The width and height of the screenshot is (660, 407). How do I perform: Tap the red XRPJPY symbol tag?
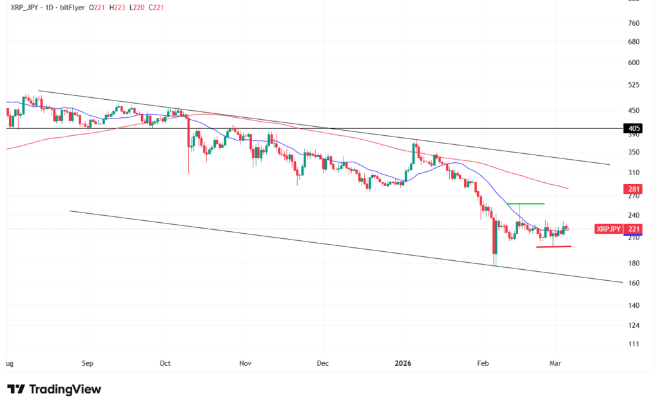point(608,229)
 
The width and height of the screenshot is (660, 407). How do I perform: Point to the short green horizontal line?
point(525,203)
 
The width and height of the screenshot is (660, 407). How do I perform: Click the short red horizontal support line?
point(554,247)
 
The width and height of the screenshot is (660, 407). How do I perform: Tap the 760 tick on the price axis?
point(633,23)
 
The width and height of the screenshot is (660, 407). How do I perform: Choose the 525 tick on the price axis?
point(633,85)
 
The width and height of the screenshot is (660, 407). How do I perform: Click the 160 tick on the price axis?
point(633,283)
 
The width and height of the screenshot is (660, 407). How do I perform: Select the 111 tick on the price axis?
point(633,344)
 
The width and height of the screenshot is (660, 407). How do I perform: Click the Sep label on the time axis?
point(88,363)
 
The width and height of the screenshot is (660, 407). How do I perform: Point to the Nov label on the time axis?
point(244,363)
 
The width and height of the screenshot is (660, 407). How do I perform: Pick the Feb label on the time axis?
point(483,363)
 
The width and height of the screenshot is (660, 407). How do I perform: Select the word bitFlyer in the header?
point(75,7)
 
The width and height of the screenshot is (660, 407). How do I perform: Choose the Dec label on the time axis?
point(323,363)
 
